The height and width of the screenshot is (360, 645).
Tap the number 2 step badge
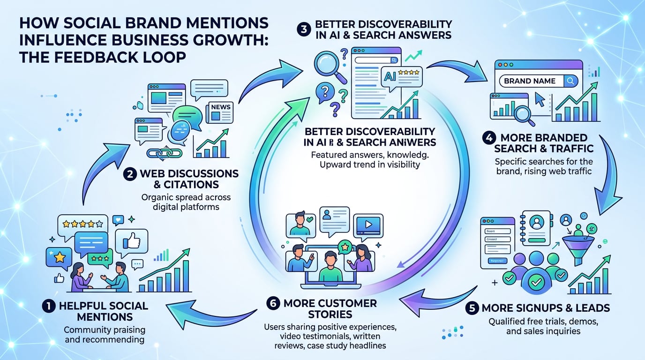130,174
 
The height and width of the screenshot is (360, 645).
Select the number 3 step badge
304,29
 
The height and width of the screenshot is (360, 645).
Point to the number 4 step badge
488,138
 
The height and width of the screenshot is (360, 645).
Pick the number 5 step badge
473,308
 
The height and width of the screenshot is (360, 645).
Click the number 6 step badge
272,303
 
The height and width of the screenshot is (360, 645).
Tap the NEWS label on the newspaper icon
221,107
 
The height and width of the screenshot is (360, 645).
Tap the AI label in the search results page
390,76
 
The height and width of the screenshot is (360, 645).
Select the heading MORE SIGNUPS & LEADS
546,308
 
